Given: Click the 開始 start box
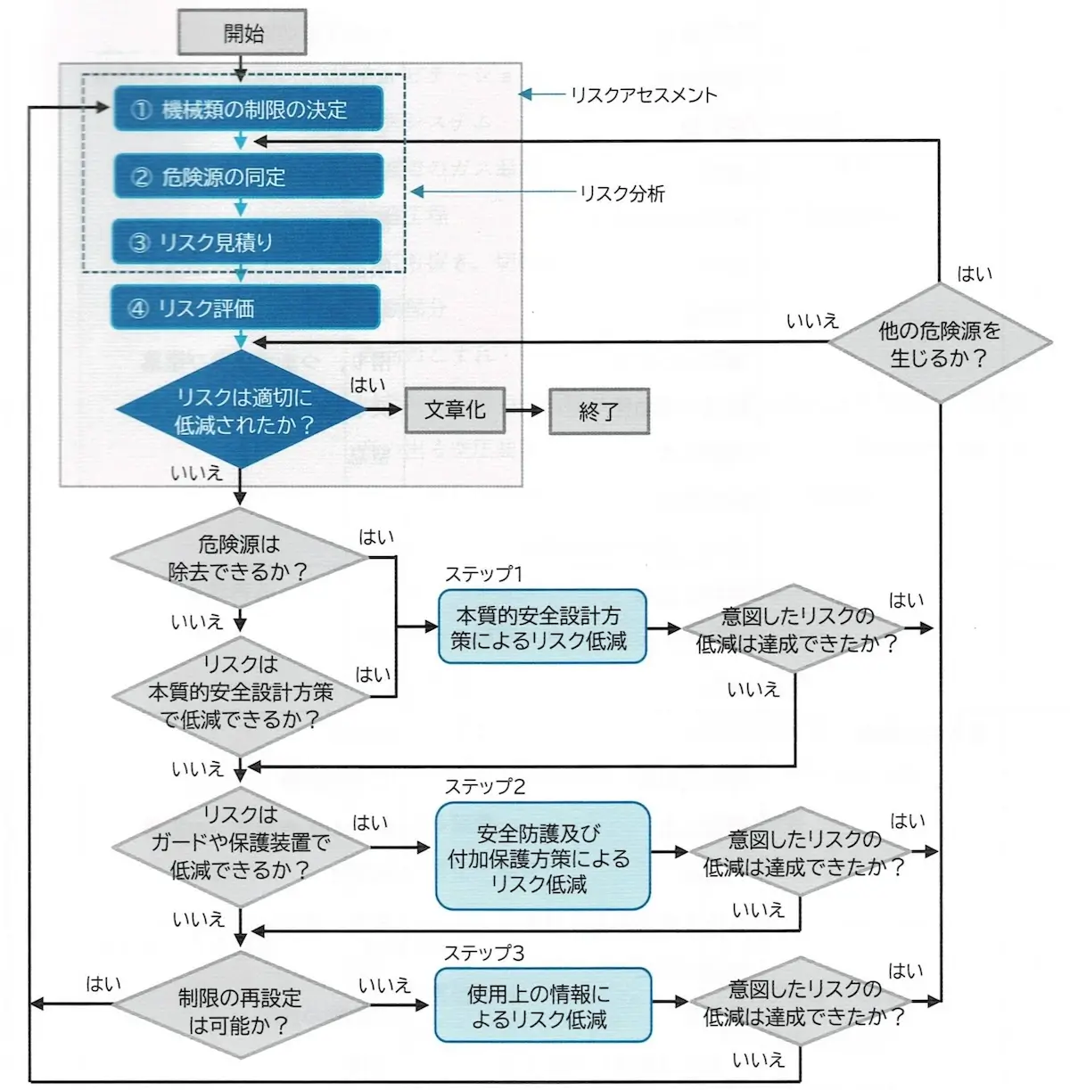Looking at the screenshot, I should pos(243,33).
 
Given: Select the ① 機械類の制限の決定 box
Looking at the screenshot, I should pos(249,109).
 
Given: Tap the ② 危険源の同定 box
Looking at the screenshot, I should pos(249,176).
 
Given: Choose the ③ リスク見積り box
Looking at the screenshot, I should pos(247,242).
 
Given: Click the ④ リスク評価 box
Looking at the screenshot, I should pos(246,308).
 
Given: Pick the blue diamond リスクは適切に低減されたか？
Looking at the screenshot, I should pos(242,409).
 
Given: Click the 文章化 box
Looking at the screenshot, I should pos(456,410).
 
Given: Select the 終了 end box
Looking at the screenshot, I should pos(598,411).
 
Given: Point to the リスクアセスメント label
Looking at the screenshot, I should pos(644,95).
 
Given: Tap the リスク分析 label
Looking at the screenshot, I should pos(622,193).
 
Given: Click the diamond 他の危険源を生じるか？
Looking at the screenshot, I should pos(940,344).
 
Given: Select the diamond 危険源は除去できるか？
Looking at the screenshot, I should pos(239,558).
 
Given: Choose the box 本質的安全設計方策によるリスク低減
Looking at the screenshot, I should pos(541,627).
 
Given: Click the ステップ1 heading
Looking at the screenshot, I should pos(483,575).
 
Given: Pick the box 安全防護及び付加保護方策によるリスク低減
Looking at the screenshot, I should pos(541,856).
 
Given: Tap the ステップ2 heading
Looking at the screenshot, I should pos(485,787).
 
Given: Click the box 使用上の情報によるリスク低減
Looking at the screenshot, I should pos(541,1005).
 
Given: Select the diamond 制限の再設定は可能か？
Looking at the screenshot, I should pos(239,1011).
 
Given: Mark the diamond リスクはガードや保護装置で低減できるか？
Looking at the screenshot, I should pos(240,843).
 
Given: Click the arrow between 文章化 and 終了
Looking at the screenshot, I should pos(526,411).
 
